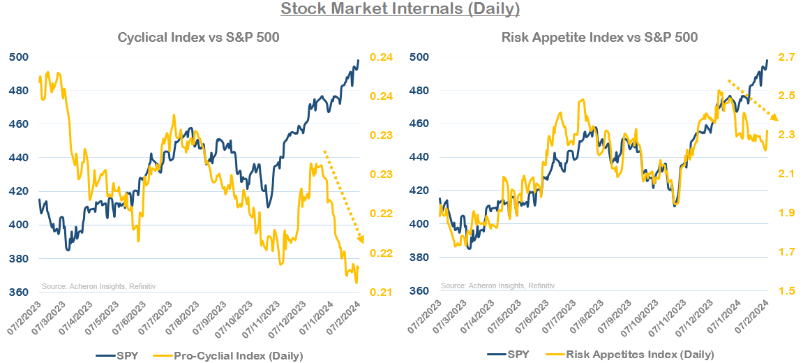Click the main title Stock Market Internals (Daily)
400,9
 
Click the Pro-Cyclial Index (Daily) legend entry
239,355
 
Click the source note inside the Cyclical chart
91,286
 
